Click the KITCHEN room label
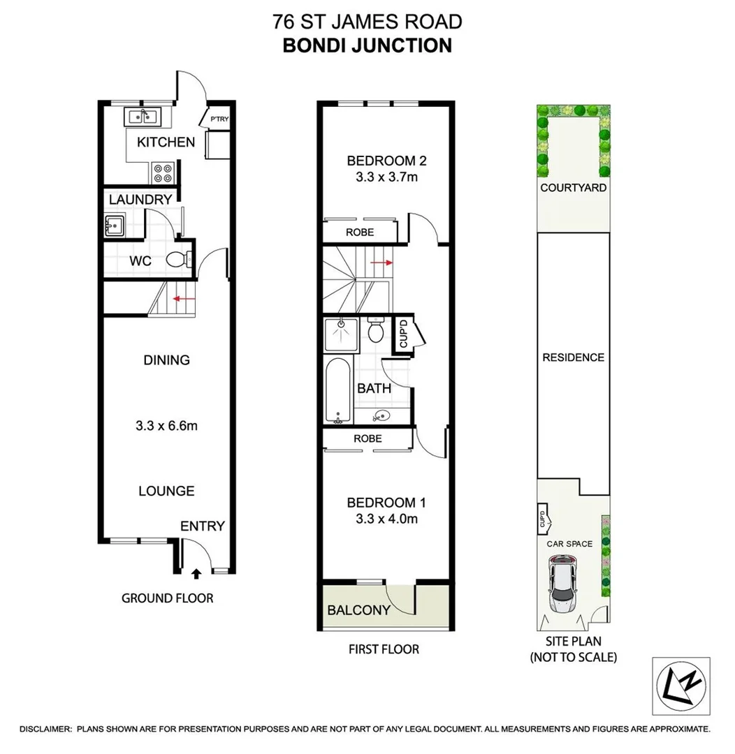click(x=166, y=142)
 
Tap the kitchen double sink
click(x=143, y=116)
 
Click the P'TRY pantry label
click(x=219, y=119)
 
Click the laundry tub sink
click(x=113, y=225)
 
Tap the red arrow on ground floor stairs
click(x=184, y=298)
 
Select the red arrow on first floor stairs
click(x=381, y=263)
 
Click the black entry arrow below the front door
click(x=196, y=574)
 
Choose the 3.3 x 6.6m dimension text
click(x=166, y=426)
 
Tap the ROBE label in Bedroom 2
click(x=360, y=232)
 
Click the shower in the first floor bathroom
click(x=342, y=333)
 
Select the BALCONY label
click(x=358, y=609)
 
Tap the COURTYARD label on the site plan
click(x=573, y=188)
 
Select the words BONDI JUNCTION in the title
click(x=367, y=45)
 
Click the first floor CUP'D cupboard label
click(x=403, y=334)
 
